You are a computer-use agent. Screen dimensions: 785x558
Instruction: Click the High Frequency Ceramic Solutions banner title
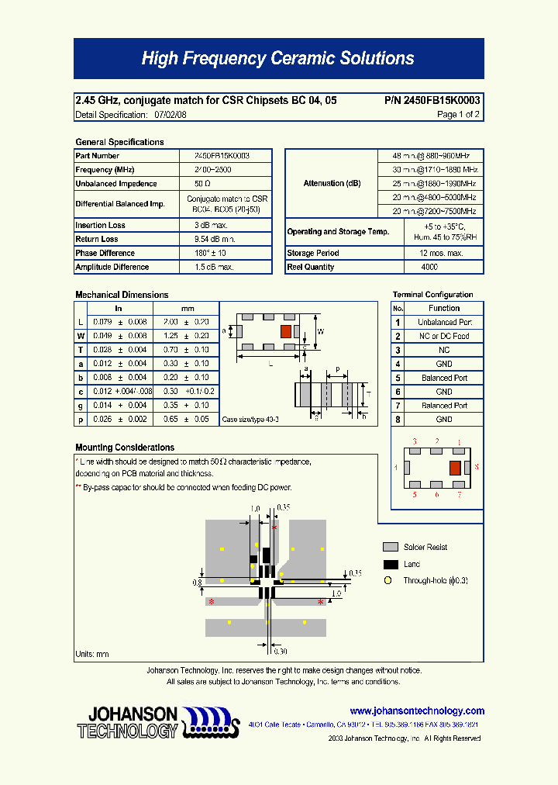pyautogui.click(x=277, y=58)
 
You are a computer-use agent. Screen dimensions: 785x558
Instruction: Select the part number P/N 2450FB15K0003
pyautogui.click(x=432, y=101)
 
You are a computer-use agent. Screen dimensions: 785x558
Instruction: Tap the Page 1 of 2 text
pyautogui.click(x=458, y=115)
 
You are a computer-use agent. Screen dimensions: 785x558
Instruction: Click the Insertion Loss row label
pyautogui.click(x=101, y=225)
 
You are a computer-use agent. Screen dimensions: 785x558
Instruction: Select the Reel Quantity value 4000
pyautogui.click(x=429, y=267)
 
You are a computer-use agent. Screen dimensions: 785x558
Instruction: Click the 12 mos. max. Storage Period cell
pyautogui.click(x=441, y=253)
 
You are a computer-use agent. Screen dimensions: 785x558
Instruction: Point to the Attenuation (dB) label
pyautogui.click(x=332, y=183)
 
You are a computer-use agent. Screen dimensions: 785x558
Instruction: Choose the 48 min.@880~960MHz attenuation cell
pyautogui.click(x=431, y=155)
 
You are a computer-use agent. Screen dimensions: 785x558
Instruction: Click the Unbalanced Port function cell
pyautogui.click(x=444, y=322)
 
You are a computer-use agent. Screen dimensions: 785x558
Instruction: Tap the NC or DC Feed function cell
pyautogui.click(x=444, y=336)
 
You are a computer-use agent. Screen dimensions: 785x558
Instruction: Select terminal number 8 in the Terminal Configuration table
pyautogui.click(x=398, y=420)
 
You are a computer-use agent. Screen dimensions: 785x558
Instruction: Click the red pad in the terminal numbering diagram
pyautogui.click(x=455, y=468)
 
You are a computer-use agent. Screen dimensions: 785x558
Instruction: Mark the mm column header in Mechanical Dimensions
pyautogui.click(x=188, y=308)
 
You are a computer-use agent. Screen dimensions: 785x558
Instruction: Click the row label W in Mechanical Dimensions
pyautogui.click(x=81, y=336)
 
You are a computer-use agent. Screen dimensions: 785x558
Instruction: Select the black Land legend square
pyautogui.click(x=391, y=564)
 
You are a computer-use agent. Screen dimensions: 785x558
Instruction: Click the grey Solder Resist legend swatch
pyautogui.click(x=391, y=547)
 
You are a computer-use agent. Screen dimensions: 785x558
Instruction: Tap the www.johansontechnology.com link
pyautogui.click(x=417, y=711)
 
